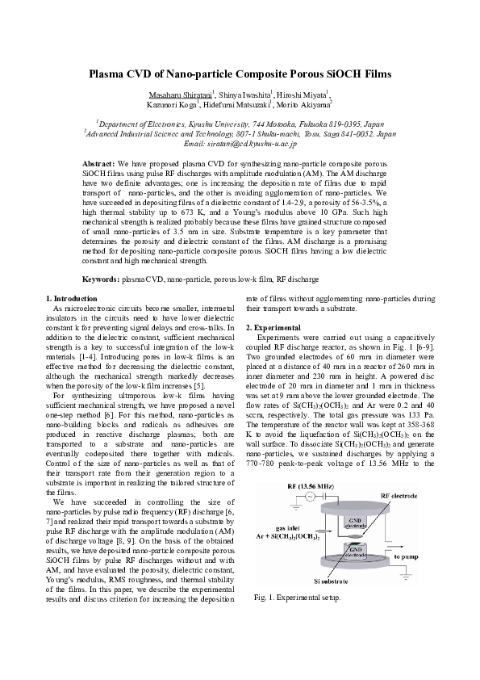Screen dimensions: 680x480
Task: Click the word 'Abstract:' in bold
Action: coord(100,162)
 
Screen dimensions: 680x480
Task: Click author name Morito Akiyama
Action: coord(303,105)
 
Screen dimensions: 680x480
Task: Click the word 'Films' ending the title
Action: coord(374,73)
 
